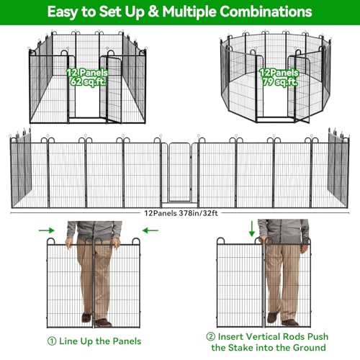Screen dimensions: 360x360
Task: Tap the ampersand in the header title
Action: coord(153,12)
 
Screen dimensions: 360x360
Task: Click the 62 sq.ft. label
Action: coord(88,82)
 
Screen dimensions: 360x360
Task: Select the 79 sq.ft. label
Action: coord(280,82)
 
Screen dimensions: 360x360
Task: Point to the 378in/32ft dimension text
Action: coord(199,213)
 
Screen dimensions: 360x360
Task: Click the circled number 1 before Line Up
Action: coord(52,341)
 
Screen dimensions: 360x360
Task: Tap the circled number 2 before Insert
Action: coord(211,336)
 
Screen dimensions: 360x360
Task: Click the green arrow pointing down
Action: coord(252,229)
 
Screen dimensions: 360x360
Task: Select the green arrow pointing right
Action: coord(47,230)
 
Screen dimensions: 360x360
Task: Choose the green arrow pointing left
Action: coord(150,230)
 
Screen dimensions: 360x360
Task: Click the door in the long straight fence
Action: coord(180,172)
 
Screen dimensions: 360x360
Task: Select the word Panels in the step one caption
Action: coord(127,341)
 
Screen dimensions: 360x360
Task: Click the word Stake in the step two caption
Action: coord(242,348)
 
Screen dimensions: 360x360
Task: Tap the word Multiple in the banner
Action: coord(189,12)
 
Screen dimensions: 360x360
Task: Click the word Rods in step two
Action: coord(292,336)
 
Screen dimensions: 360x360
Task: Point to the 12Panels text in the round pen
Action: coord(279,73)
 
